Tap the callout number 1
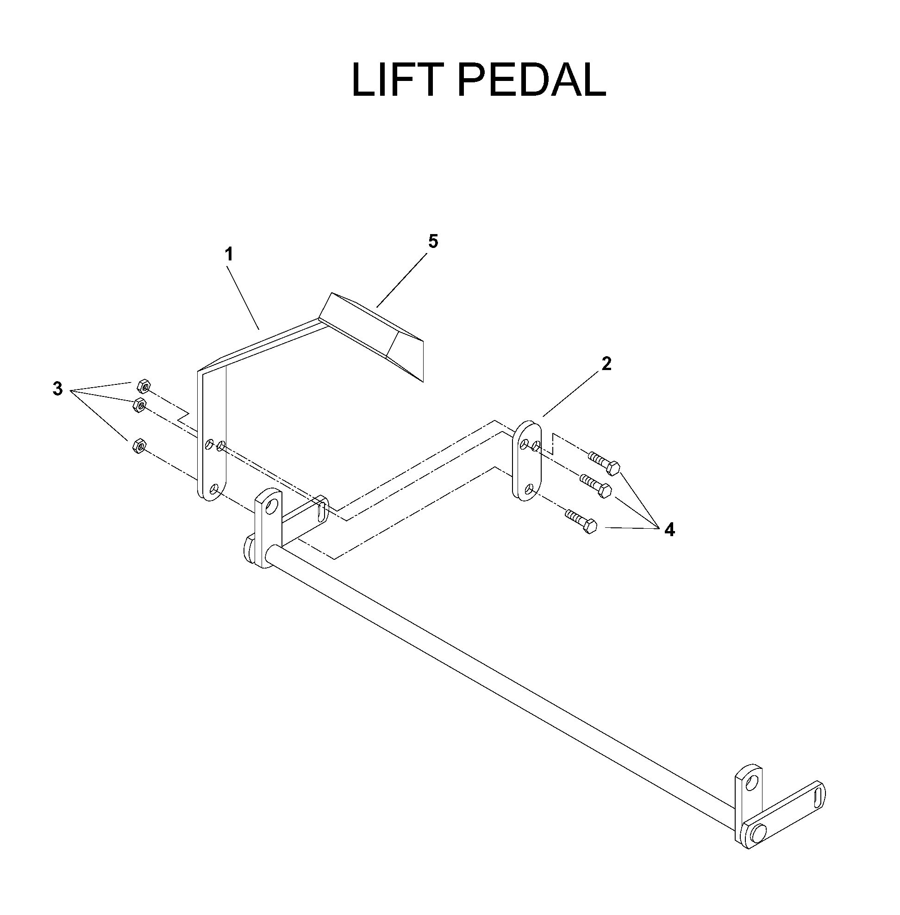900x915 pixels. tap(229, 255)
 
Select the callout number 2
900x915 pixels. tap(606, 364)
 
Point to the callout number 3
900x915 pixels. tap(57, 389)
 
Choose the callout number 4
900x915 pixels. tap(669, 530)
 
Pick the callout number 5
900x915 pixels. tap(433, 241)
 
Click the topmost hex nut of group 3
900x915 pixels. tap(143, 386)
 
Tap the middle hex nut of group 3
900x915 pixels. tap(139, 405)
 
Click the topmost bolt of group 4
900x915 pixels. tap(604, 463)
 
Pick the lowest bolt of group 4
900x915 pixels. tap(581, 520)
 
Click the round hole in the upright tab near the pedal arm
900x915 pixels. tap(272, 508)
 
